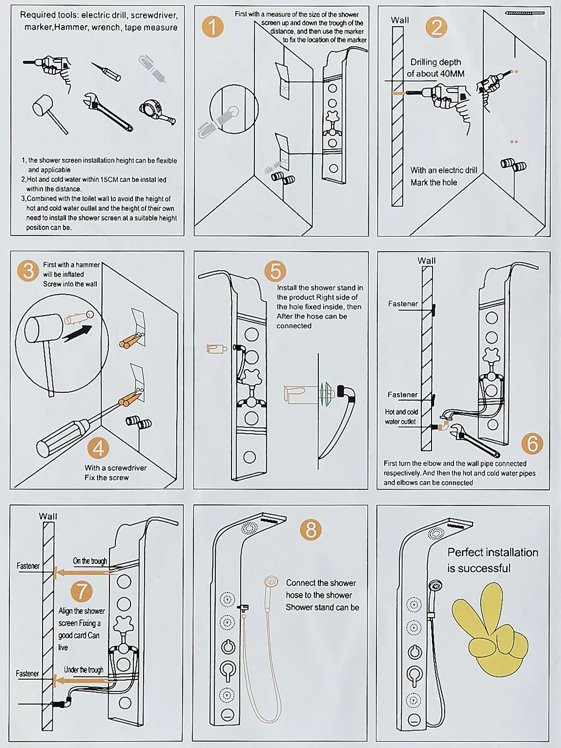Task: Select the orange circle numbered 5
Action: click(x=275, y=271)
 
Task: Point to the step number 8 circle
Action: click(x=311, y=530)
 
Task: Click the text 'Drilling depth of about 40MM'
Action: click(x=435, y=68)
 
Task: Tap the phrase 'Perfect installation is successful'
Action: click(x=493, y=560)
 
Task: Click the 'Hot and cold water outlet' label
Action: click(x=401, y=417)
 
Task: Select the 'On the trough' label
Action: click(x=90, y=561)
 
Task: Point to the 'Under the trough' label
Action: click(x=84, y=669)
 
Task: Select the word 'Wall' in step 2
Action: click(x=400, y=20)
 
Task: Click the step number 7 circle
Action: click(x=82, y=591)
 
